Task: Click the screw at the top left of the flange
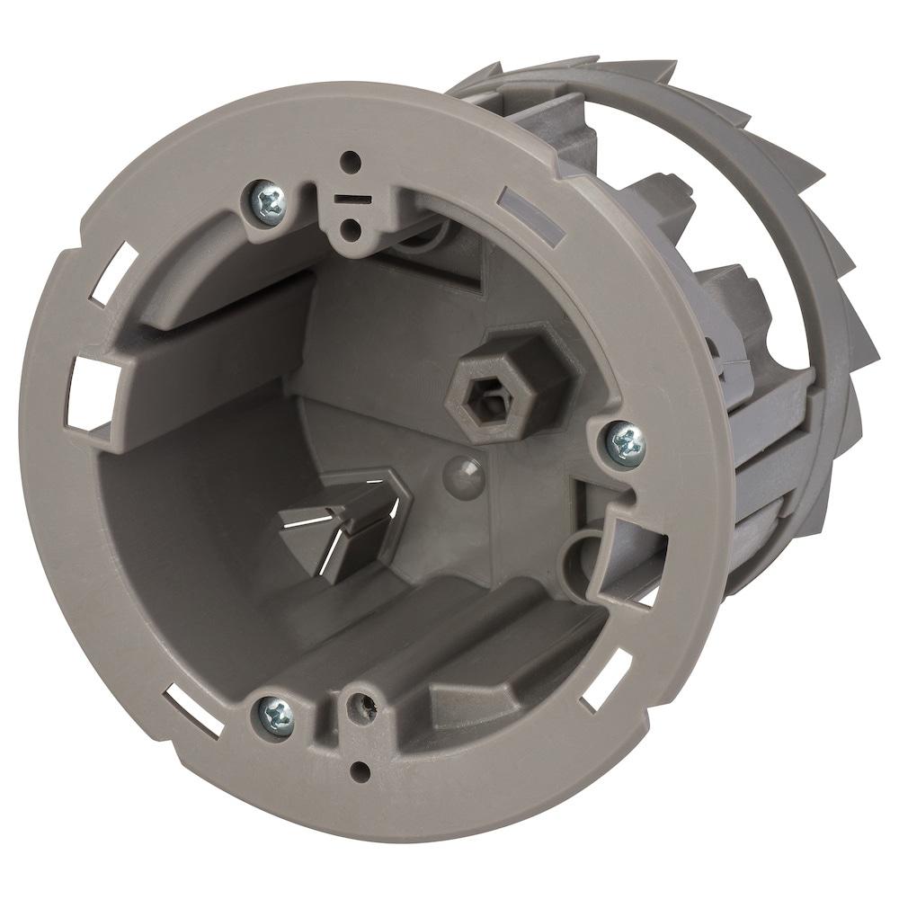268,200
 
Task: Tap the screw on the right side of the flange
627,442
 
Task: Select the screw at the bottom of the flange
276,717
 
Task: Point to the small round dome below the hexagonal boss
462,469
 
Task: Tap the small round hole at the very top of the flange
352,163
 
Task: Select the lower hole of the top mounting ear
355,233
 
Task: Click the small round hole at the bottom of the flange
360,770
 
